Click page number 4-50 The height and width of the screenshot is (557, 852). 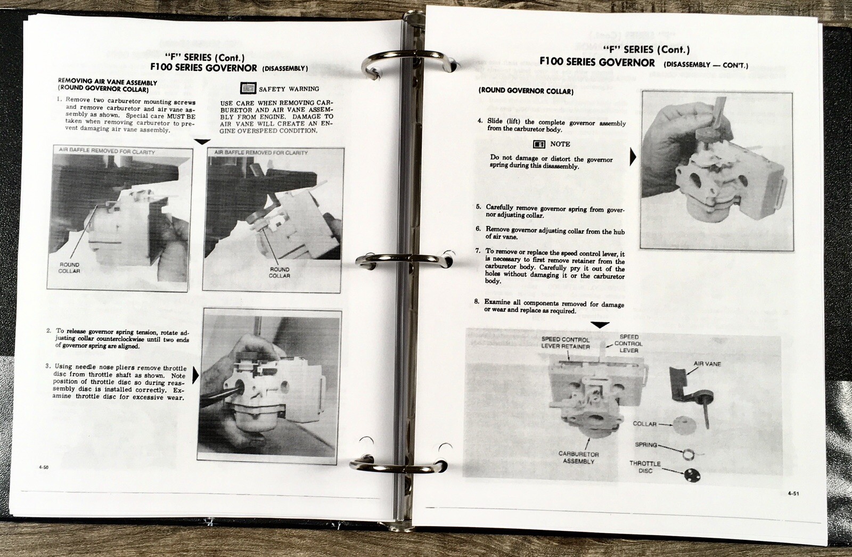(x=44, y=467)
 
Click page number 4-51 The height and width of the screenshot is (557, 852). (x=793, y=494)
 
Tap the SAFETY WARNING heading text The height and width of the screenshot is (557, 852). (x=289, y=89)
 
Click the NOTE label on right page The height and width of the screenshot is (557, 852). (x=560, y=144)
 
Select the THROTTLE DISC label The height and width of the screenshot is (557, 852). (x=645, y=467)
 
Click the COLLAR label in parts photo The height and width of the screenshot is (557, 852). (x=644, y=424)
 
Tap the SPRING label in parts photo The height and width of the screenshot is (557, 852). (x=646, y=445)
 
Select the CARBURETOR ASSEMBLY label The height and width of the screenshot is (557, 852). (x=578, y=457)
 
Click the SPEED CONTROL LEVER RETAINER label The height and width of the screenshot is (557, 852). (x=565, y=342)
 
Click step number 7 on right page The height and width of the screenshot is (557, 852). (x=478, y=251)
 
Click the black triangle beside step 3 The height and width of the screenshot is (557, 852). (x=195, y=375)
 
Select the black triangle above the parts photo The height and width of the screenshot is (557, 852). (x=600, y=325)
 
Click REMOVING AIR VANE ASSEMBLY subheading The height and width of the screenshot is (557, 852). (x=107, y=83)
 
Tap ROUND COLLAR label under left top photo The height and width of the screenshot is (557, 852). (x=69, y=268)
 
